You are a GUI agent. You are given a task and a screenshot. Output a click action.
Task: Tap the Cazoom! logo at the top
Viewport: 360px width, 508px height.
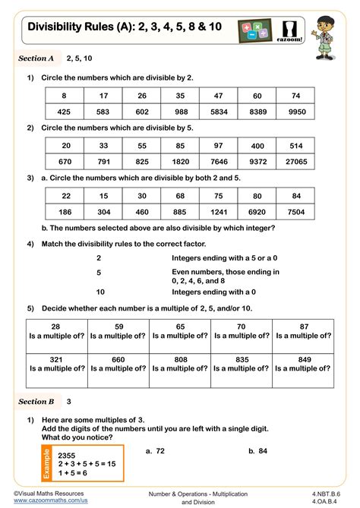click(x=270, y=33)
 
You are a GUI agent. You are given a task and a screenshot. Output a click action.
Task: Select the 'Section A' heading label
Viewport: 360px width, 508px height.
click(x=36, y=58)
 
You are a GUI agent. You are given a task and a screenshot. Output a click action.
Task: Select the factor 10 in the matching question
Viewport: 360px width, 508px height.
click(x=99, y=291)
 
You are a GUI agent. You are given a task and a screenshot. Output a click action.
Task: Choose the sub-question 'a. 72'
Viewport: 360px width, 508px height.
click(x=156, y=450)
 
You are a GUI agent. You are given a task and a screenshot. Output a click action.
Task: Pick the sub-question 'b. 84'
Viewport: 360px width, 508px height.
click(x=259, y=450)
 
